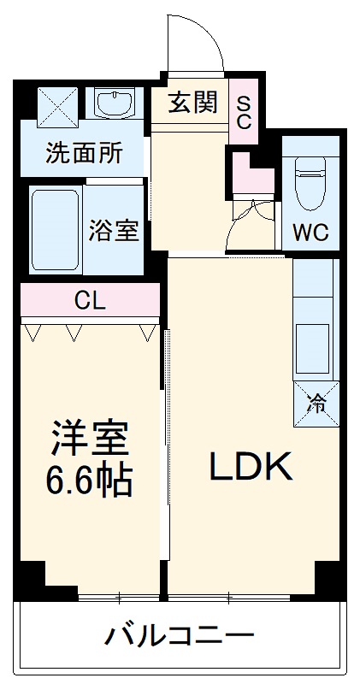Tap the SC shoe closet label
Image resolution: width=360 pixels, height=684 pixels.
(244, 111)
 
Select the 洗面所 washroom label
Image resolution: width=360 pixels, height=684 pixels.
(84, 154)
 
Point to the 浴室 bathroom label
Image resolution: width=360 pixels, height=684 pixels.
(113, 231)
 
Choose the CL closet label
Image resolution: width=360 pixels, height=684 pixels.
(89, 300)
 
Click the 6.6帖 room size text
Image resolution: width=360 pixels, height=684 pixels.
(89, 482)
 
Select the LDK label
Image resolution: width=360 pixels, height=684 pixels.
(252, 466)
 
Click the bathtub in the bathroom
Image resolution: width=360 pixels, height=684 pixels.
(56, 229)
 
